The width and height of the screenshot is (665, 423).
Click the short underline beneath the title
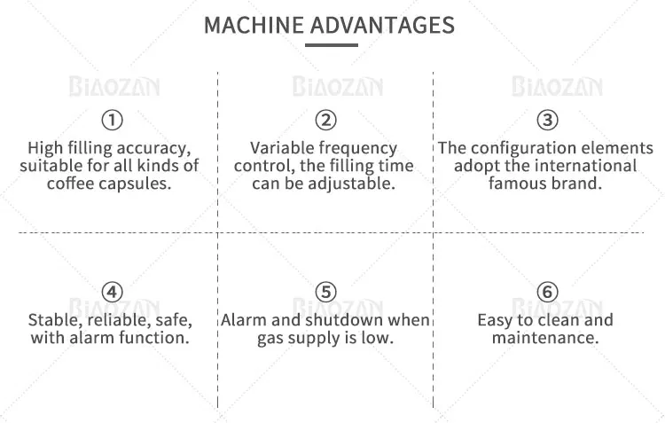(x=332, y=45)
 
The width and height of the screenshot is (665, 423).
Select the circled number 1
(x=112, y=120)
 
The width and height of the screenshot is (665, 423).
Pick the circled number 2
(x=325, y=120)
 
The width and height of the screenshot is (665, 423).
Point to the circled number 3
(x=548, y=120)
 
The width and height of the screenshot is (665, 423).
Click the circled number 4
(x=112, y=292)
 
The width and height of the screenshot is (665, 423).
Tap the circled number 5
(x=325, y=292)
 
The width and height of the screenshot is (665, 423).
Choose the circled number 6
(x=548, y=292)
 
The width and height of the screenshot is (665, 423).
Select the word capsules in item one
(x=138, y=184)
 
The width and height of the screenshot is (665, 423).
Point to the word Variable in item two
(x=280, y=148)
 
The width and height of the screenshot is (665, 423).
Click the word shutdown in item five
(x=349, y=319)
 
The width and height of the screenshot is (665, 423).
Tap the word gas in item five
(x=270, y=338)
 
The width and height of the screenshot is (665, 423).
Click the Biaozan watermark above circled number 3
(x=557, y=87)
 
